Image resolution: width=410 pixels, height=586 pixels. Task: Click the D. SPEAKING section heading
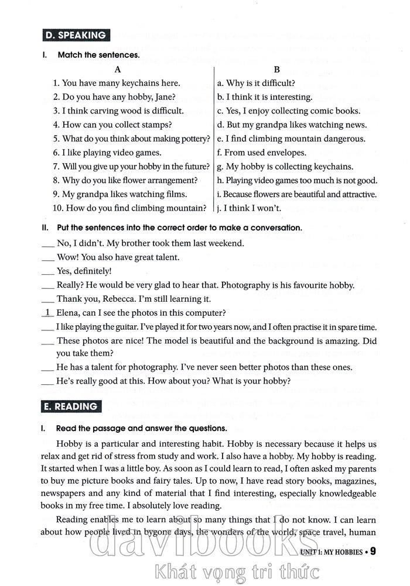click(x=77, y=35)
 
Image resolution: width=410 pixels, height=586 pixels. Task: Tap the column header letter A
click(x=118, y=69)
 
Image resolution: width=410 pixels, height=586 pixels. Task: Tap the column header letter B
click(x=276, y=69)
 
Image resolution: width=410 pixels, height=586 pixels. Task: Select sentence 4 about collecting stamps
click(x=112, y=125)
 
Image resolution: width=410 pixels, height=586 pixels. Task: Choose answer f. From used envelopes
click(x=261, y=153)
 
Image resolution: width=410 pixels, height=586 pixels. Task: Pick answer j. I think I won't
click(x=249, y=208)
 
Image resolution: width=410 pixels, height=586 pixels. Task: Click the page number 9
click(x=373, y=551)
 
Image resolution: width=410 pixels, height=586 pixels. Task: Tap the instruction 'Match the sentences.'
click(x=98, y=55)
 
